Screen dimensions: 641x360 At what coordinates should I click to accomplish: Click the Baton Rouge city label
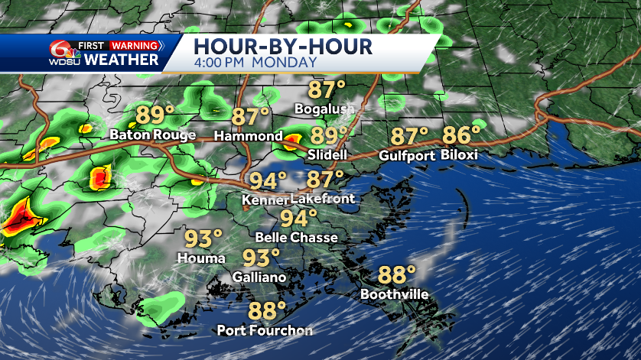point(152,135)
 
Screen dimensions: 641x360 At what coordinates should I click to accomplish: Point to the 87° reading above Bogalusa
point(327,89)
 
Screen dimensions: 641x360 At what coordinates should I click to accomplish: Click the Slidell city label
point(327,154)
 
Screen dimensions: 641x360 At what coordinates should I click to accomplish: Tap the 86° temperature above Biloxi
point(461,135)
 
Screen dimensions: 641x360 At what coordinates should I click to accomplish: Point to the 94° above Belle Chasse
point(297,219)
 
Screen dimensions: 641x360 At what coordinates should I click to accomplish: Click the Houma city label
point(201,258)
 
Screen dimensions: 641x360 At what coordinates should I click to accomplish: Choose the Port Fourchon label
point(265,330)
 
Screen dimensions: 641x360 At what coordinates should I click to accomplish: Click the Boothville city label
point(394,294)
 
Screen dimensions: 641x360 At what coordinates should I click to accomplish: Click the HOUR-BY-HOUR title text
point(284,46)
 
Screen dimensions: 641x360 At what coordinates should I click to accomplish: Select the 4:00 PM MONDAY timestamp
point(255,62)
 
